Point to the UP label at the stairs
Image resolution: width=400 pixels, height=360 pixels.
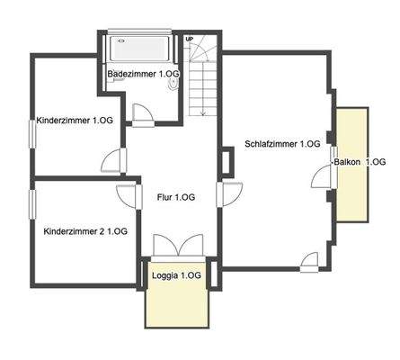(190, 40)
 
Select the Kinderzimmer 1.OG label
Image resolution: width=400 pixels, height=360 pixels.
(76, 120)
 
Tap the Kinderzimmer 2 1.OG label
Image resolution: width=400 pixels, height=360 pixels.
(85, 231)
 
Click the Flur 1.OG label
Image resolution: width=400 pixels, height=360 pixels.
(176, 197)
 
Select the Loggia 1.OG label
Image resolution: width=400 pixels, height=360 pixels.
(176, 274)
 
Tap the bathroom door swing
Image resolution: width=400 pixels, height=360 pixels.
(142, 113)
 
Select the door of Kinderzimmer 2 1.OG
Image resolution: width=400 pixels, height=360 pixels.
(126, 195)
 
